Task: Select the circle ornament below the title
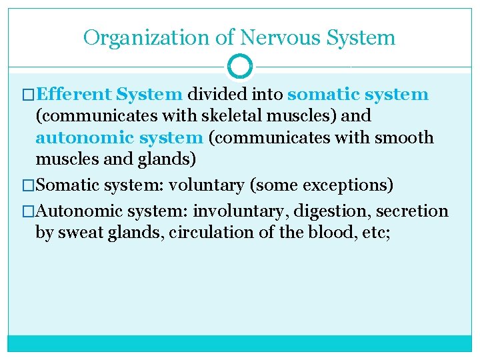(240, 67)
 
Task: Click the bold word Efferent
(73, 94)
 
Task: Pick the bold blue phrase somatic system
(358, 94)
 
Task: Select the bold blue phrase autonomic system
(119, 138)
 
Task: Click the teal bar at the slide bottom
(240, 343)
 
